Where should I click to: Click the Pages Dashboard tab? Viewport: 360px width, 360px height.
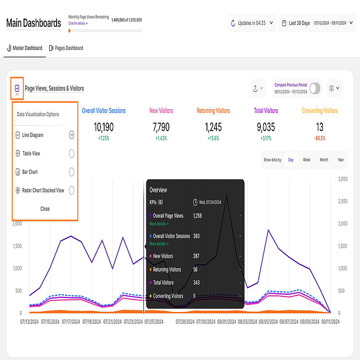pyautogui.click(x=66, y=48)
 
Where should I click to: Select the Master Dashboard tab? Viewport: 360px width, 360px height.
pyautogui.click(x=25, y=48)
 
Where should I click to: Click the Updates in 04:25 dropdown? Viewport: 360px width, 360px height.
pyautogui.click(x=252, y=23)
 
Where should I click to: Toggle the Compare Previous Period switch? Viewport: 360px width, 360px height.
pyautogui.click(x=315, y=88)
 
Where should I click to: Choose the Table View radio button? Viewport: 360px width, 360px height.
pyautogui.click(x=72, y=154)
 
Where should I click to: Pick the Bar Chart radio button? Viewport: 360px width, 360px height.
pyautogui.click(x=72, y=172)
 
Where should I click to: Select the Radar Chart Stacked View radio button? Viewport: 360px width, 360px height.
pyautogui.click(x=72, y=191)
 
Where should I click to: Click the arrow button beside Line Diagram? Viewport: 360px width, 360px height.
pyautogui.click(x=72, y=135)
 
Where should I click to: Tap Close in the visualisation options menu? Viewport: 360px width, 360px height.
pyautogui.click(x=45, y=209)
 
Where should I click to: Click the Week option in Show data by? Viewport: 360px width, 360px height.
pyautogui.click(x=307, y=160)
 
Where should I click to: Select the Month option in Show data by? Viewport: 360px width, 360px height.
pyautogui.click(x=324, y=160)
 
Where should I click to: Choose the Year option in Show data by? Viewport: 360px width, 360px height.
pyautogui.click(x=341, y=160)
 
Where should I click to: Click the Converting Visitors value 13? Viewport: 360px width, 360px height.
pyautogui.click(x=320, y=127)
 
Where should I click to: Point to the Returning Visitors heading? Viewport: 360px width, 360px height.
pyautogui.click(x=213, y=110)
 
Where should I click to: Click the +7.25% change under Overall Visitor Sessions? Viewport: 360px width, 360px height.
pyautogui.click(x=104, y=138)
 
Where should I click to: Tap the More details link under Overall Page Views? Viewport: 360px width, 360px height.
pyautogui.click(x=159, y=224)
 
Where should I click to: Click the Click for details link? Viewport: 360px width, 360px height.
pyautogui.click(x=78, y=23)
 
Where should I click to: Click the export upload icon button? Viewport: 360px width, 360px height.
pyautogui.click(x=258, y=88)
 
